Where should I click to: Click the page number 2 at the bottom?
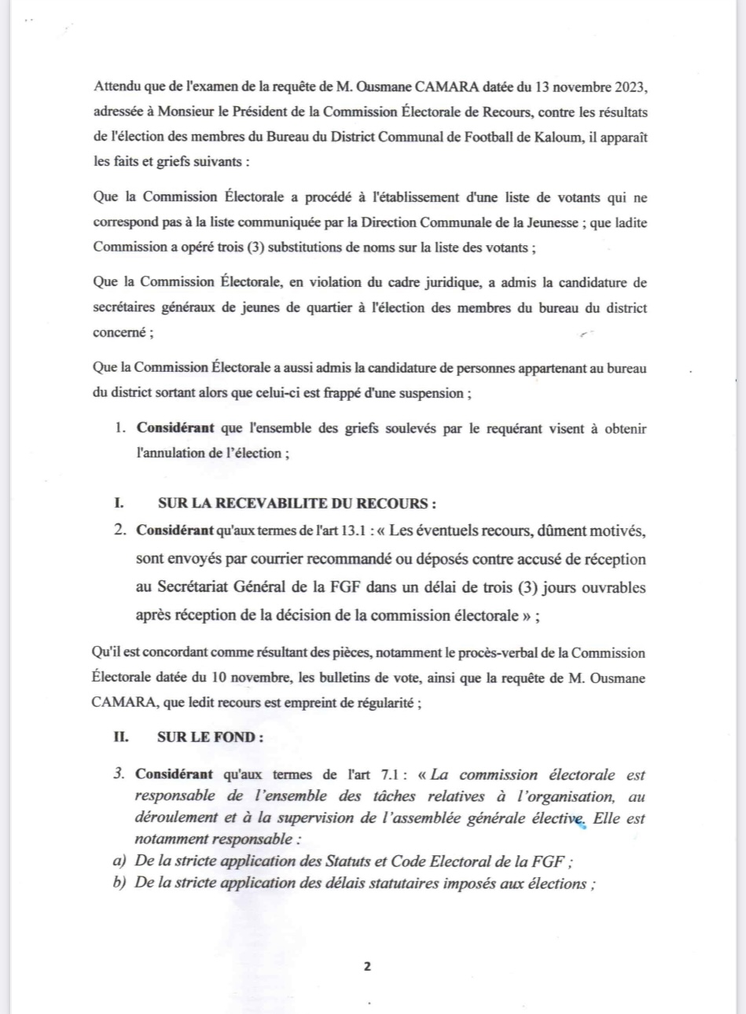click(367, 966)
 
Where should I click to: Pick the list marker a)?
click(120, 861)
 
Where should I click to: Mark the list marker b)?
click(120, 884)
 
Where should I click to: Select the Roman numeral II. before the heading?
click(120, 737)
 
